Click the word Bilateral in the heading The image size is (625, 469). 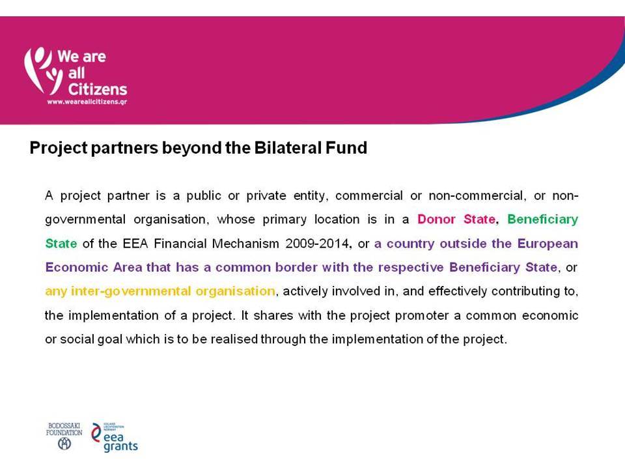pyautogui.click(x=287, y=148)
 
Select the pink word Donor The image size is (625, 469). pyautogui.click(x=436, y=220)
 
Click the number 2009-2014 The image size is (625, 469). pyautogui.click(x=318, y=243)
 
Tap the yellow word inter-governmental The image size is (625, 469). pyautogui.click(x=130, y=292)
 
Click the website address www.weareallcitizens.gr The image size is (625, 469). pyautogui.click(x=87, y=102)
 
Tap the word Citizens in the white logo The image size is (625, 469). pyautogui.click(x=97, y=89)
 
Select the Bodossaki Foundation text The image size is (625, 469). pyautogui.click(x=64, y=429)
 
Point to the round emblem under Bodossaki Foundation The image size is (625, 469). pyautogui.click(x=64, y=443)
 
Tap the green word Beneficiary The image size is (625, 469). pyautogui.click(x=542, y=220)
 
